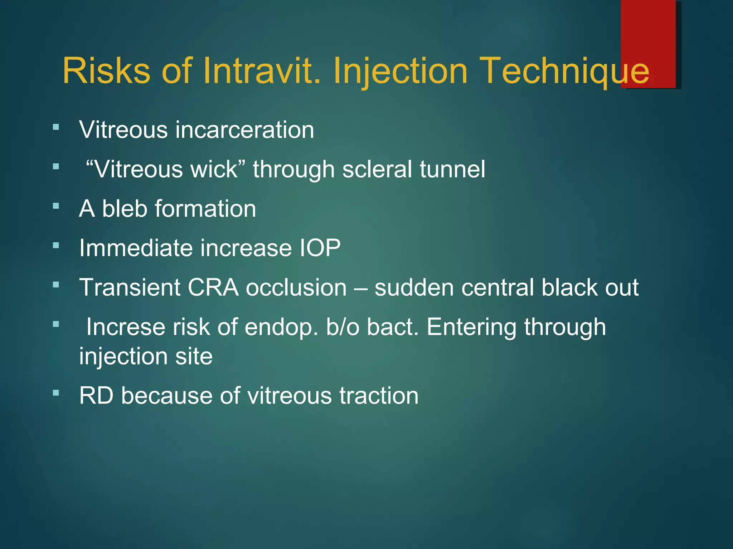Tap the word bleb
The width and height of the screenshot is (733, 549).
[x=124, y=209]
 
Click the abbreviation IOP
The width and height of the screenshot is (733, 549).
[x=320, y=248]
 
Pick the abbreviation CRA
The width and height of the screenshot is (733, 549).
[x=213, y=288]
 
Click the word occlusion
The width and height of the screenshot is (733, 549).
[x=296, y=288]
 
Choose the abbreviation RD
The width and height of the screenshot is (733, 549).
[x=96, y=396]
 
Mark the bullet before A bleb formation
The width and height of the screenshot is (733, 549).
[x=56, y=206]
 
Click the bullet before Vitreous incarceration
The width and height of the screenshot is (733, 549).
[x=56, y=127]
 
